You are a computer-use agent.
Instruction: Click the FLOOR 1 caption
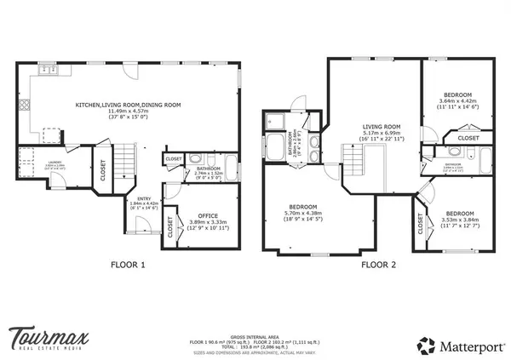pyautogui.click(x=128, y=265)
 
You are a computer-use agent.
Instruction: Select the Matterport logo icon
pyautogui.click(x=426, y=345)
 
